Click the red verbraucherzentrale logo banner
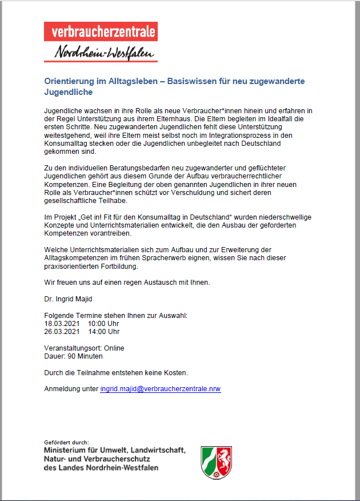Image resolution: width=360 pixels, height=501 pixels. [x=101, y=31]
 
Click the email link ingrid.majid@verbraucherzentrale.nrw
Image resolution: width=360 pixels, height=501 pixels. [x=161, y=389]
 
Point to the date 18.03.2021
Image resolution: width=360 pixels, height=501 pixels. [x=61, y=323]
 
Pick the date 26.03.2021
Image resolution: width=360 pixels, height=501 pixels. [x=61, y=331]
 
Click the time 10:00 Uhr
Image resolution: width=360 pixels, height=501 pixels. [x=103, y=323]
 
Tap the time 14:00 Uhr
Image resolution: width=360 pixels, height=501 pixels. [x=103, y=331]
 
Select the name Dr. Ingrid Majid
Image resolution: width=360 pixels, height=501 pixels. [x=68, y=299]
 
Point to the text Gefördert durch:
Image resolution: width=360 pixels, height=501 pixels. [x=66, y=442]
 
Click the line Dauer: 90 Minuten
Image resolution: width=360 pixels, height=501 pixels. [x=73, y=356]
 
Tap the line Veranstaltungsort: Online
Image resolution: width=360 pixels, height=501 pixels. [x=84, y=348]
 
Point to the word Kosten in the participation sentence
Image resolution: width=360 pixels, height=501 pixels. [x=175, y=372]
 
